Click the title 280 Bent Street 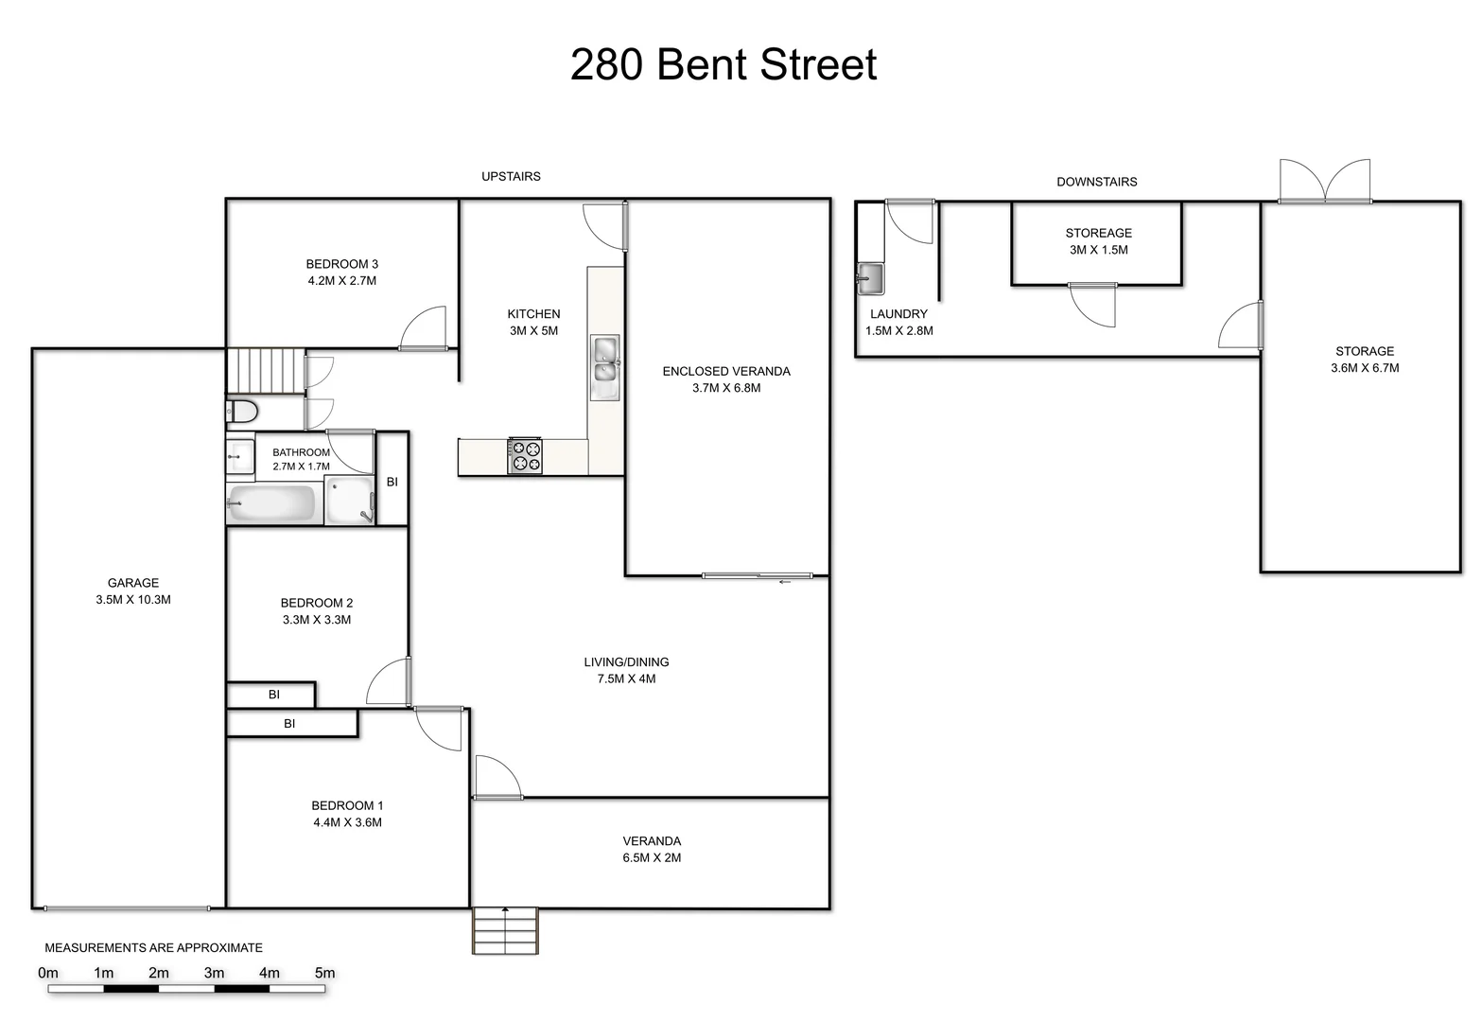click(x=724, y=64)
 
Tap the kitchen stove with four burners click(x=525, y=456)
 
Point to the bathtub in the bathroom click(x=272, y=502)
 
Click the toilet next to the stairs click(x=242, y=413)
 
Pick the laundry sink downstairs click(x=869, y=278)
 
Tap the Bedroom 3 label click(x=341, y=264)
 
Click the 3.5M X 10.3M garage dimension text click(x=133, y=600)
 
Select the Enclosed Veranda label click(x=726, y=371)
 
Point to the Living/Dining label click(x=626, y=662)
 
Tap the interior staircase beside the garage click(x=265, y=369)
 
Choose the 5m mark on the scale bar click(x=324, y=973)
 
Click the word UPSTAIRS click(x=511, y=176)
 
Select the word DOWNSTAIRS click(x=1097, y=182)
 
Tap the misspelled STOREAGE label click(x=1098, y=233)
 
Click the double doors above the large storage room click(x=1325, y=181)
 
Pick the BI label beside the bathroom click(x=392, y=482)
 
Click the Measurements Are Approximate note click(x=154, y=947)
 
